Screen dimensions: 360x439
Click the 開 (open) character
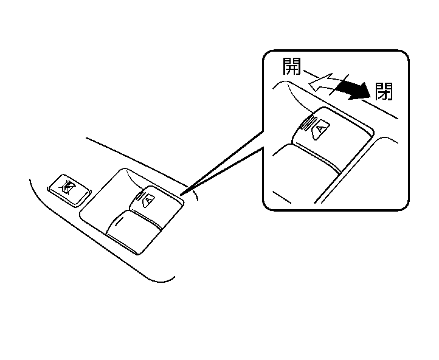click(x=293, y=66)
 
